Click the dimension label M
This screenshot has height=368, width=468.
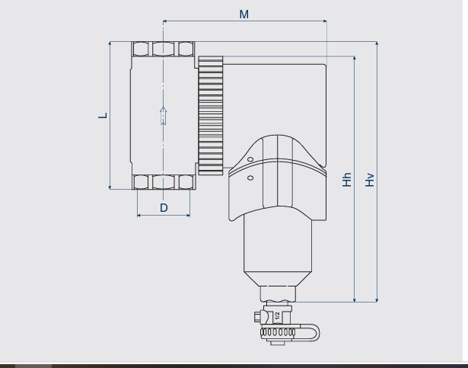(244, 14)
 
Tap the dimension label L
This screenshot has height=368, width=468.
(103, 115)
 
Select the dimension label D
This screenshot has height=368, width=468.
(164, 208)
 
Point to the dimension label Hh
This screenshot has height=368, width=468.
(346, 179)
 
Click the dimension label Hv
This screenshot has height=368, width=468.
(370, 180)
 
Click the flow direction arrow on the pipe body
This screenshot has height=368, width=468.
(164, 116)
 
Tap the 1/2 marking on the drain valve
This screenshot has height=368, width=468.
(277, 315)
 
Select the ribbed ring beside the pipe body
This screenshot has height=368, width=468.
(211, 115)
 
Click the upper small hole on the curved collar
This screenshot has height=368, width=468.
(250, 159)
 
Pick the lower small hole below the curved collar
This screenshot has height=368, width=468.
(250, 178)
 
